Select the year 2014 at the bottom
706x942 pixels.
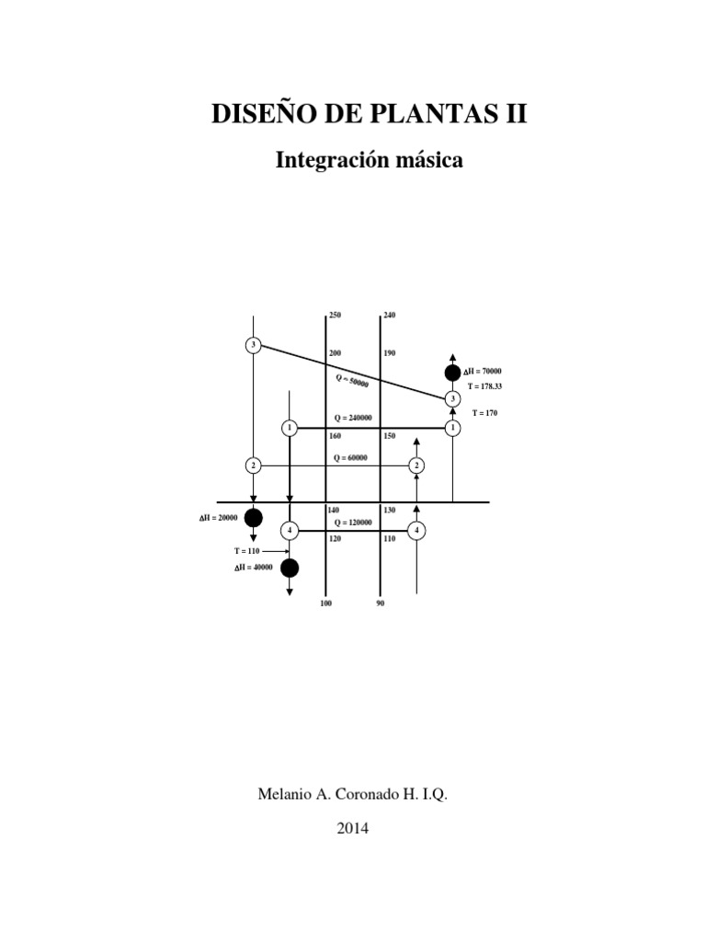353,828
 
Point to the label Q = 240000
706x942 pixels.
353,418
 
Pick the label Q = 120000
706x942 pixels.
353,522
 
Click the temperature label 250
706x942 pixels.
335,316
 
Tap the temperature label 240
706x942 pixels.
389,316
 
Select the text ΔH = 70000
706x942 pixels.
483,370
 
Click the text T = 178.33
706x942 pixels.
485,386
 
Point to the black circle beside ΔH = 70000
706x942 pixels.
452,373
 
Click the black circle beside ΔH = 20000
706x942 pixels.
253,517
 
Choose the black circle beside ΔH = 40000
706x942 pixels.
290,568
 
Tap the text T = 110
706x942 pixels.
247,550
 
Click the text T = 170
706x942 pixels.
484,413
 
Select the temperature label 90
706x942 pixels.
381,603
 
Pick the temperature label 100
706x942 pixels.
325,603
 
